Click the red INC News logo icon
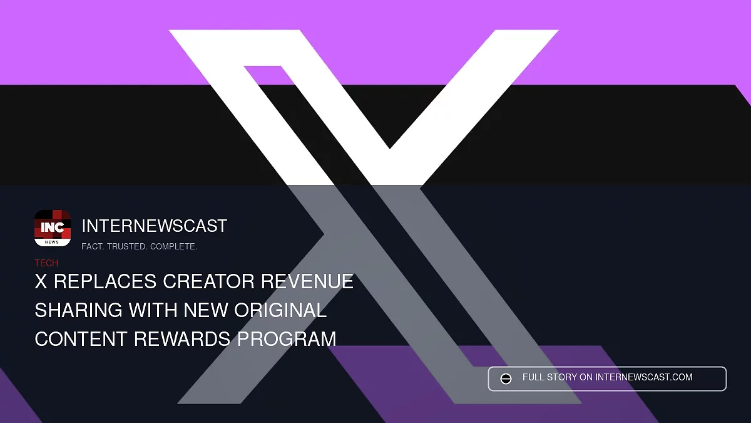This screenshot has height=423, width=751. (53, 228)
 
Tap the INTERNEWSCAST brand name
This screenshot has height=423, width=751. (154, 226)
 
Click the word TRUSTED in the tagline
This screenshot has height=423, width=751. (127, 246)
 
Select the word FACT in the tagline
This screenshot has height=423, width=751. (93, 246)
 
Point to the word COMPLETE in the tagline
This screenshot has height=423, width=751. (174, 246)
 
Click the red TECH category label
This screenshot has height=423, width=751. (46, 263)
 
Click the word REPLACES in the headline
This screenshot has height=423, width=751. (105, 281)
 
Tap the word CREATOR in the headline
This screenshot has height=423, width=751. (208, 281)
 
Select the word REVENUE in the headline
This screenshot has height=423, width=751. (307, 281)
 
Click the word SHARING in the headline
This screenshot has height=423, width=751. (78, 310)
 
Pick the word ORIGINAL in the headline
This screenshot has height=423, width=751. (280, 310)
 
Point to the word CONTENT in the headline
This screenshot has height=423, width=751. (81, 339)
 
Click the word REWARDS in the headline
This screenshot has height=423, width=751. (182, 339)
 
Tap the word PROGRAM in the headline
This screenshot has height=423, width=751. (287, 339)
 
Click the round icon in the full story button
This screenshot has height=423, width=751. (506, 379)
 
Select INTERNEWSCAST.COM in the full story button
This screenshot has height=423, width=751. (644, 377)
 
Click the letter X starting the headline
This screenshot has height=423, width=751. (41, 281)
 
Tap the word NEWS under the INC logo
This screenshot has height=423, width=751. (52, 242)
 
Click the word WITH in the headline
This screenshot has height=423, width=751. (153, 310)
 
